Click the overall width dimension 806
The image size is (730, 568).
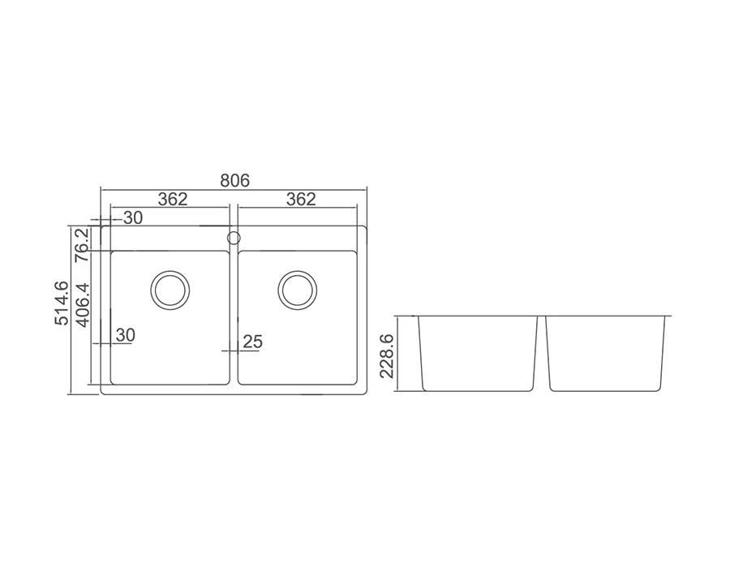click(x=234, y=180)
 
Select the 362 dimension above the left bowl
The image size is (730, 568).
click(x=173, y=200)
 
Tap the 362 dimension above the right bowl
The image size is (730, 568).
click(x=301, y=200)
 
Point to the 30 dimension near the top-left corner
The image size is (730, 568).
click(x=133, y=218)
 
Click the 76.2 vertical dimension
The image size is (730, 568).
click(x=83, y=244)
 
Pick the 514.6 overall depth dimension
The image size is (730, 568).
click(x=62, y=303)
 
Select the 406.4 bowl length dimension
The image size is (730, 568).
click(x=83, y=305)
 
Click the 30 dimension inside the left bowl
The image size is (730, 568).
click(x=125, y=335)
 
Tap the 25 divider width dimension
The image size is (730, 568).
click(x=253, y=342)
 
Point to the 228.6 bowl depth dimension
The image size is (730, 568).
click(x=387, y=355)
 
